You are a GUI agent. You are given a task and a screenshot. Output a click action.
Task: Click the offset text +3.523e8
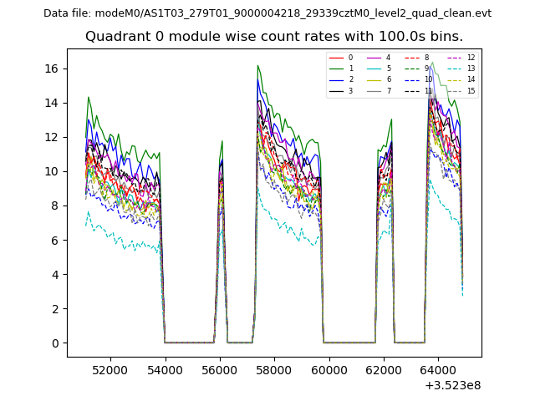[x=453, y=385]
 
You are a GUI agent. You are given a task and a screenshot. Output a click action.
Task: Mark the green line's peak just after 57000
[x=257, y=65]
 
